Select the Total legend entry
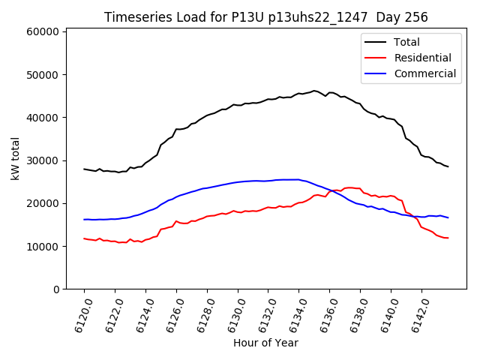click(407, 42)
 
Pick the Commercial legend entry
click(424, 73)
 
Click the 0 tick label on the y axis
click(57, 289)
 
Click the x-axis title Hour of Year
click(265, 343)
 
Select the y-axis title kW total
click(15, 160)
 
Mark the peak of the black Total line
click(314, 91)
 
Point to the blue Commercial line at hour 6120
click(84, 220)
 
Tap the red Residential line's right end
click(448, 238)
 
